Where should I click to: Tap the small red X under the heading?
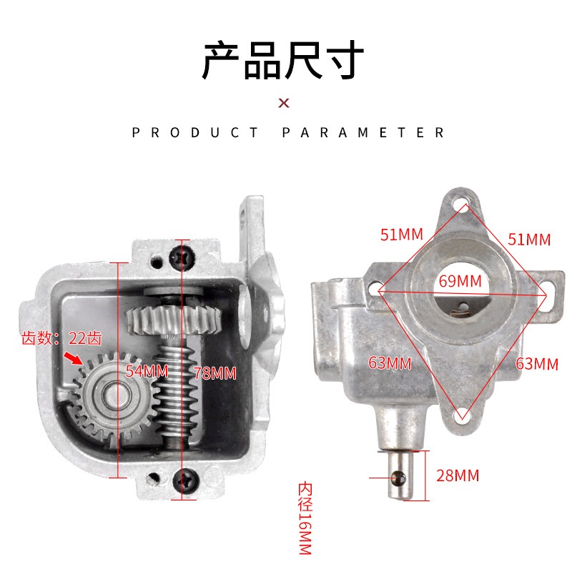pyautogui.click(x=284, y=103)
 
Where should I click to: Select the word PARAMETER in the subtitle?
pyautogui.click(x=364, y=132)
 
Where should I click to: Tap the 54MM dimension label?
pyautogui.click(x=147, y=371)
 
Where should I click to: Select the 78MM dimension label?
pyautogui.click(x=214, y=373)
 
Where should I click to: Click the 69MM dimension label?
pyautogui.click(x=460, y=281)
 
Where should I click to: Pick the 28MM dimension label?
pyautogui.click(x=458, y=475)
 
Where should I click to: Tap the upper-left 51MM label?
pyautogui.click(x=402, y=235)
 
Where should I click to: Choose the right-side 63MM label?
pyautogui.click(x=536, y=363)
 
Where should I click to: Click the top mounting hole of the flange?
pyautogui.click(x=461, y=208)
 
